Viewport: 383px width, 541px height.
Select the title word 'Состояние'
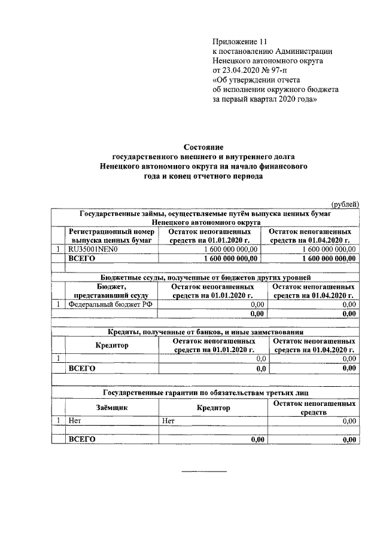(203, 146)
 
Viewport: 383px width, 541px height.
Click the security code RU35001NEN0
(94, 249)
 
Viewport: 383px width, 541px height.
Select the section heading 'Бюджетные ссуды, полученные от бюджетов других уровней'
(205, 277)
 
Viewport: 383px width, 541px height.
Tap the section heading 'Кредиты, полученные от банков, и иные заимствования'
(205, 332)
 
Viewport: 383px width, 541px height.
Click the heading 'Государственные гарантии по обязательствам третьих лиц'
(205, 393)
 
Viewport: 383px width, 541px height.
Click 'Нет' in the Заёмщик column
(75, 421)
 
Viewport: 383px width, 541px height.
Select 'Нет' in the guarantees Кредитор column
(168, 421)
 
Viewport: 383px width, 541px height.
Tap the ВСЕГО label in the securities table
(82, 258)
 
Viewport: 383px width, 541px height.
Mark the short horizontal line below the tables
(204, 472)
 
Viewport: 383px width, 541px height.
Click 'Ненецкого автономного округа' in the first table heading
(205, 222)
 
